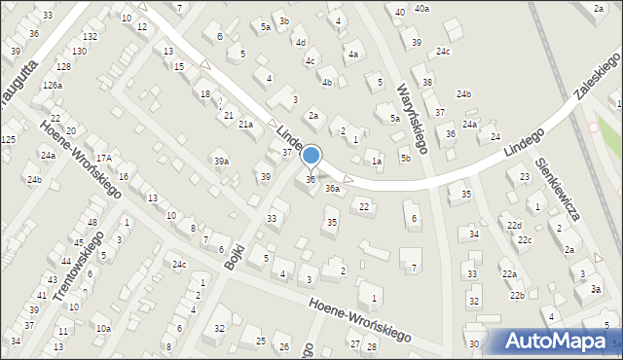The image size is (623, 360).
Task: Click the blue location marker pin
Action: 311,156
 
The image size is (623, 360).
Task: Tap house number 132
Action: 90,36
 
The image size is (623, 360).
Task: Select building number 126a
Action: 52,86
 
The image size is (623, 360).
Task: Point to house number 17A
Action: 103,158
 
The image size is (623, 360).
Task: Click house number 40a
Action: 421,8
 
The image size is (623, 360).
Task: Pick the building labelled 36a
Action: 332,189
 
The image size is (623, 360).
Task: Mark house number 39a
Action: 222,162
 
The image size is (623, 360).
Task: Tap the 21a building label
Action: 246,124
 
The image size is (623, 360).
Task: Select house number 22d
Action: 513,226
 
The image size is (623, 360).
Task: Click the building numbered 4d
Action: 301,43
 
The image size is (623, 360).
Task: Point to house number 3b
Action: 283,20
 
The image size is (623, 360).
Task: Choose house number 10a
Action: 102,329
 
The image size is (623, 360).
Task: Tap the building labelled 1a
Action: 376,162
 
